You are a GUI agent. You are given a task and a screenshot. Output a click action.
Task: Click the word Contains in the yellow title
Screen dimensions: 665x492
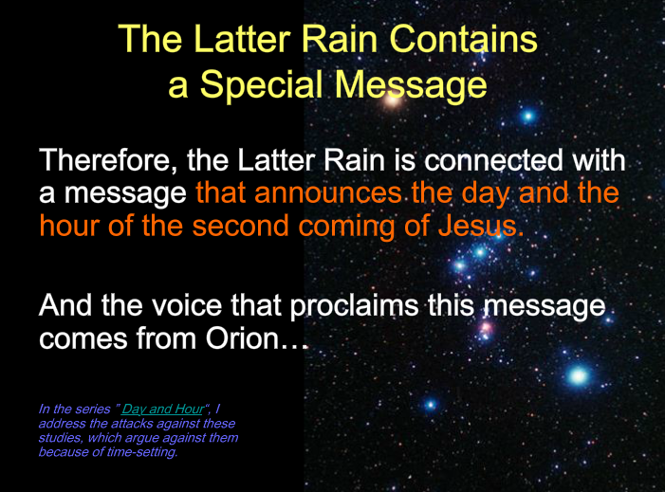[463, 39]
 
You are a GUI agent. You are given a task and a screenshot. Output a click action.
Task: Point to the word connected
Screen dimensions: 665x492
[494, 160]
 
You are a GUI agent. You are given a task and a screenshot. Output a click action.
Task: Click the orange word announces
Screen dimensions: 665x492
[327, 193]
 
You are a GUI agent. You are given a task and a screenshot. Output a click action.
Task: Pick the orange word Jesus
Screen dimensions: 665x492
[481, 226]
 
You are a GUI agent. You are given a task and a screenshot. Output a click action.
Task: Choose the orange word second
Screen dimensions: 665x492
[240, 226]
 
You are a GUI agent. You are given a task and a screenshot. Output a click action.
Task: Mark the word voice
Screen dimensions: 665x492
[187, 305]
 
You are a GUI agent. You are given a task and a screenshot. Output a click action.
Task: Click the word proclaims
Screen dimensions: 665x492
[354, 306]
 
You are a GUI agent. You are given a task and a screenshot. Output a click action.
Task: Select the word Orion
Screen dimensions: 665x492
[242, 338]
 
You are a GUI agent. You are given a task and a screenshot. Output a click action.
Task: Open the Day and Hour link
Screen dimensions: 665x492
[163, 409]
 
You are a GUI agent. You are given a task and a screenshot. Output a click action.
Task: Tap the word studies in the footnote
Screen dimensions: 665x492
[60, 437]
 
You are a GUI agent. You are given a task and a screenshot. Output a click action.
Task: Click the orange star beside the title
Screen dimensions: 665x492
[393, 100]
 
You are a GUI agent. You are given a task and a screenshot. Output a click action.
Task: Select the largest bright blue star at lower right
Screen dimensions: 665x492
[578, 375]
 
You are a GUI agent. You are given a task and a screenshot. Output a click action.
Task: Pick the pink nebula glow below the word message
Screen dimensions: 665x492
[486, 328]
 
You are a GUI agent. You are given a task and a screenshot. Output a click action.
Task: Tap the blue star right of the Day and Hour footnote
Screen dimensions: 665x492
[431, 404]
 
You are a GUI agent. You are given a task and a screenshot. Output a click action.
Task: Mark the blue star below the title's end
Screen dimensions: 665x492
[528, 116]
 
